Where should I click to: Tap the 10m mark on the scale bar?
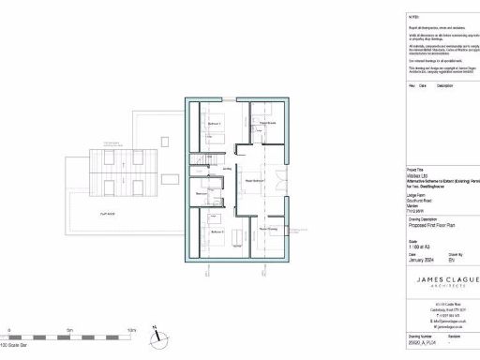(131, 331)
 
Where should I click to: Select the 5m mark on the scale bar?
(70, 331)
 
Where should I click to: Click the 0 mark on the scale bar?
(9, 331)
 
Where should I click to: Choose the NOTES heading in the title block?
(413, 17)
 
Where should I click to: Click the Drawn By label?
(455, 252)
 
